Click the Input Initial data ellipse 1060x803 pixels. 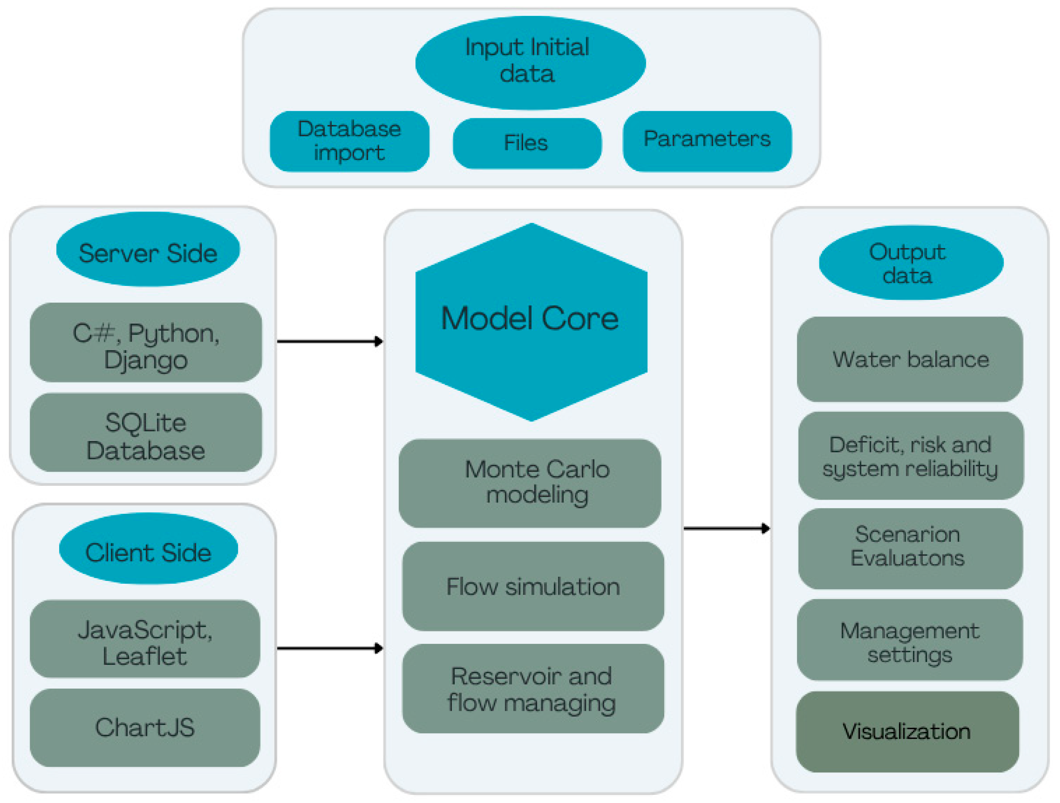pyautogui.click(x=531, y=63)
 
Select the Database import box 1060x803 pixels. pyautogui.click(x=349, y=141)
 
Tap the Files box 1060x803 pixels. pyautogui.click(x=527, y=143)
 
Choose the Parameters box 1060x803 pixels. pyautogui.click(x=707, y=141)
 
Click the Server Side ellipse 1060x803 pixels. pyautogui.click(x=148, y=249)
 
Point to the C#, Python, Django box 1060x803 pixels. pyautogui.click(x=146, y=342)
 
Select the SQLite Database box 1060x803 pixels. pyautogui.click(x=146, y=433)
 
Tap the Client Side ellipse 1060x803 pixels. pyautogui.click(x=149, y=548)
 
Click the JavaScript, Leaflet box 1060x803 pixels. pyautogui.click(x=145, y=639)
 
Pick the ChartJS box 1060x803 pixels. pyautogui.click(x=145, y=728)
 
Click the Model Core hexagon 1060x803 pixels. pyautogui.click(x=531, y=322)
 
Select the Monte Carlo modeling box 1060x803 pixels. pyautogui.click(x=530, y=483)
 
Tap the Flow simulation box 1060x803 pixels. pyautogui.click(x=533, y=587)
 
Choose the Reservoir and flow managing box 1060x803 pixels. pyautogui.click(x=533, y=688)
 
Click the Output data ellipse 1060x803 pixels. pyautogui.click(x=911, y=263)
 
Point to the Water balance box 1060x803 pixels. pyautogui.click(x=910, y=359)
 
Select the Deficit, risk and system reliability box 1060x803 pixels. pyautogui.click(x=911, y=455)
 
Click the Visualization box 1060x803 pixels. pyautogui.click(x=908, y=732)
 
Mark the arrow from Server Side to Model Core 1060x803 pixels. pyautogui.click(x=330, y=341)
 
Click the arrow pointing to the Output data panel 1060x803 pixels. pyautogui.click(x=727, y=528)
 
